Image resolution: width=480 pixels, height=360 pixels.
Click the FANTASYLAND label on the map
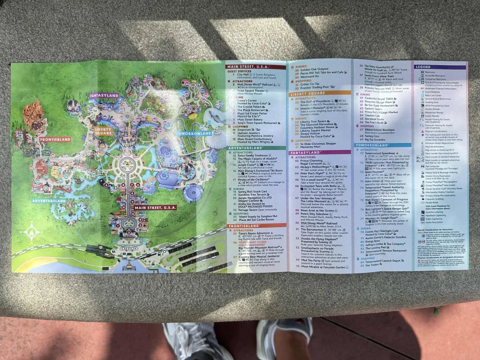point(105,95)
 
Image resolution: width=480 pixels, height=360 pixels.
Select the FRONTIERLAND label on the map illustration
point(55,139)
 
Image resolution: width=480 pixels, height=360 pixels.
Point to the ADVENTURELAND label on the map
point(49,201)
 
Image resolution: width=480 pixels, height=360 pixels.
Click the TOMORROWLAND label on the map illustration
point(194,134)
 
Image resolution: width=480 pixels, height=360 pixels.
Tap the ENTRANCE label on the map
point(129,248)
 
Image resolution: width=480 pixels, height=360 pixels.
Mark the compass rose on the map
point(32,231)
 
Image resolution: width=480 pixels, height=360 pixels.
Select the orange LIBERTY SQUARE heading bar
point(320,93)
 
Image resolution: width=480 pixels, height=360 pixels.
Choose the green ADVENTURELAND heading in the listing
point(256,148)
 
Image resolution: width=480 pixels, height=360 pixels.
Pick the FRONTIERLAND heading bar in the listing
point(256,225)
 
